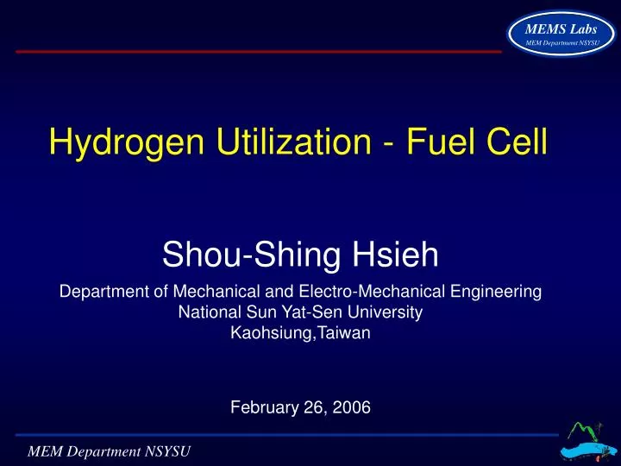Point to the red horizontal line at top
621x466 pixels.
pyautogui.click(x=259, y=51)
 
